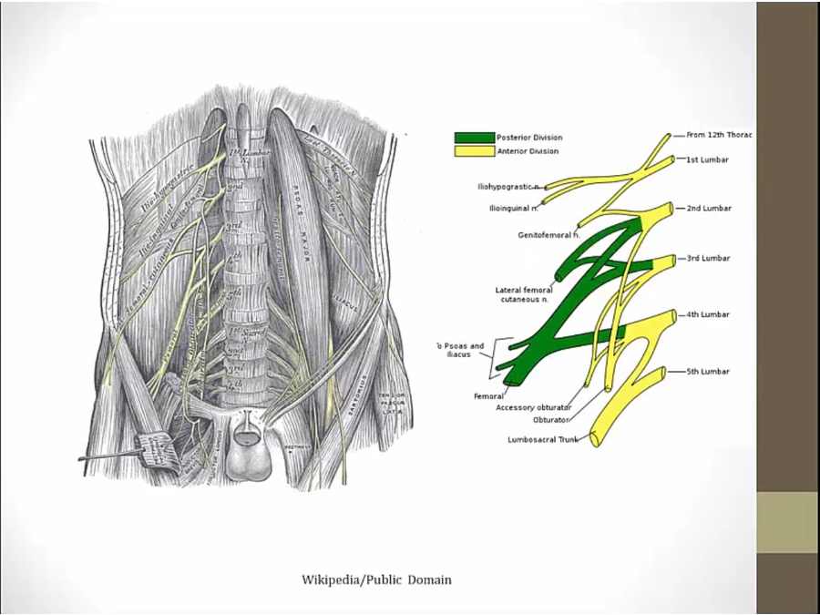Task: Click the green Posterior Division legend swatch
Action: pos(474,138)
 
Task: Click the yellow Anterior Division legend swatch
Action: pos(474,151)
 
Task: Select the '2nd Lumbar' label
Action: pos(709,209)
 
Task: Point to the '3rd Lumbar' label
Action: pos(708,259)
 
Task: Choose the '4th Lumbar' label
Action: pos(708,315)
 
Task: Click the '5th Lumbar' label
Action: pos(708,372)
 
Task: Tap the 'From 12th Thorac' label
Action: pos(719,135)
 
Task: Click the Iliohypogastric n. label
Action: pos(508,187)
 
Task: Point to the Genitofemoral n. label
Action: pos(546,235)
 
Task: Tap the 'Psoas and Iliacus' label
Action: pos(461,351)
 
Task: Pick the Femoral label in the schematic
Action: pos(488,396)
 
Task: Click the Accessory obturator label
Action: pos(533,407)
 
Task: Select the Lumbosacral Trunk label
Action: pos(544,440)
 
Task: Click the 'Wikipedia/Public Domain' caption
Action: pos(376,579)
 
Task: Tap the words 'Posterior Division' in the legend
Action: pos(529,138)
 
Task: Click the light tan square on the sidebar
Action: pos(787,522)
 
